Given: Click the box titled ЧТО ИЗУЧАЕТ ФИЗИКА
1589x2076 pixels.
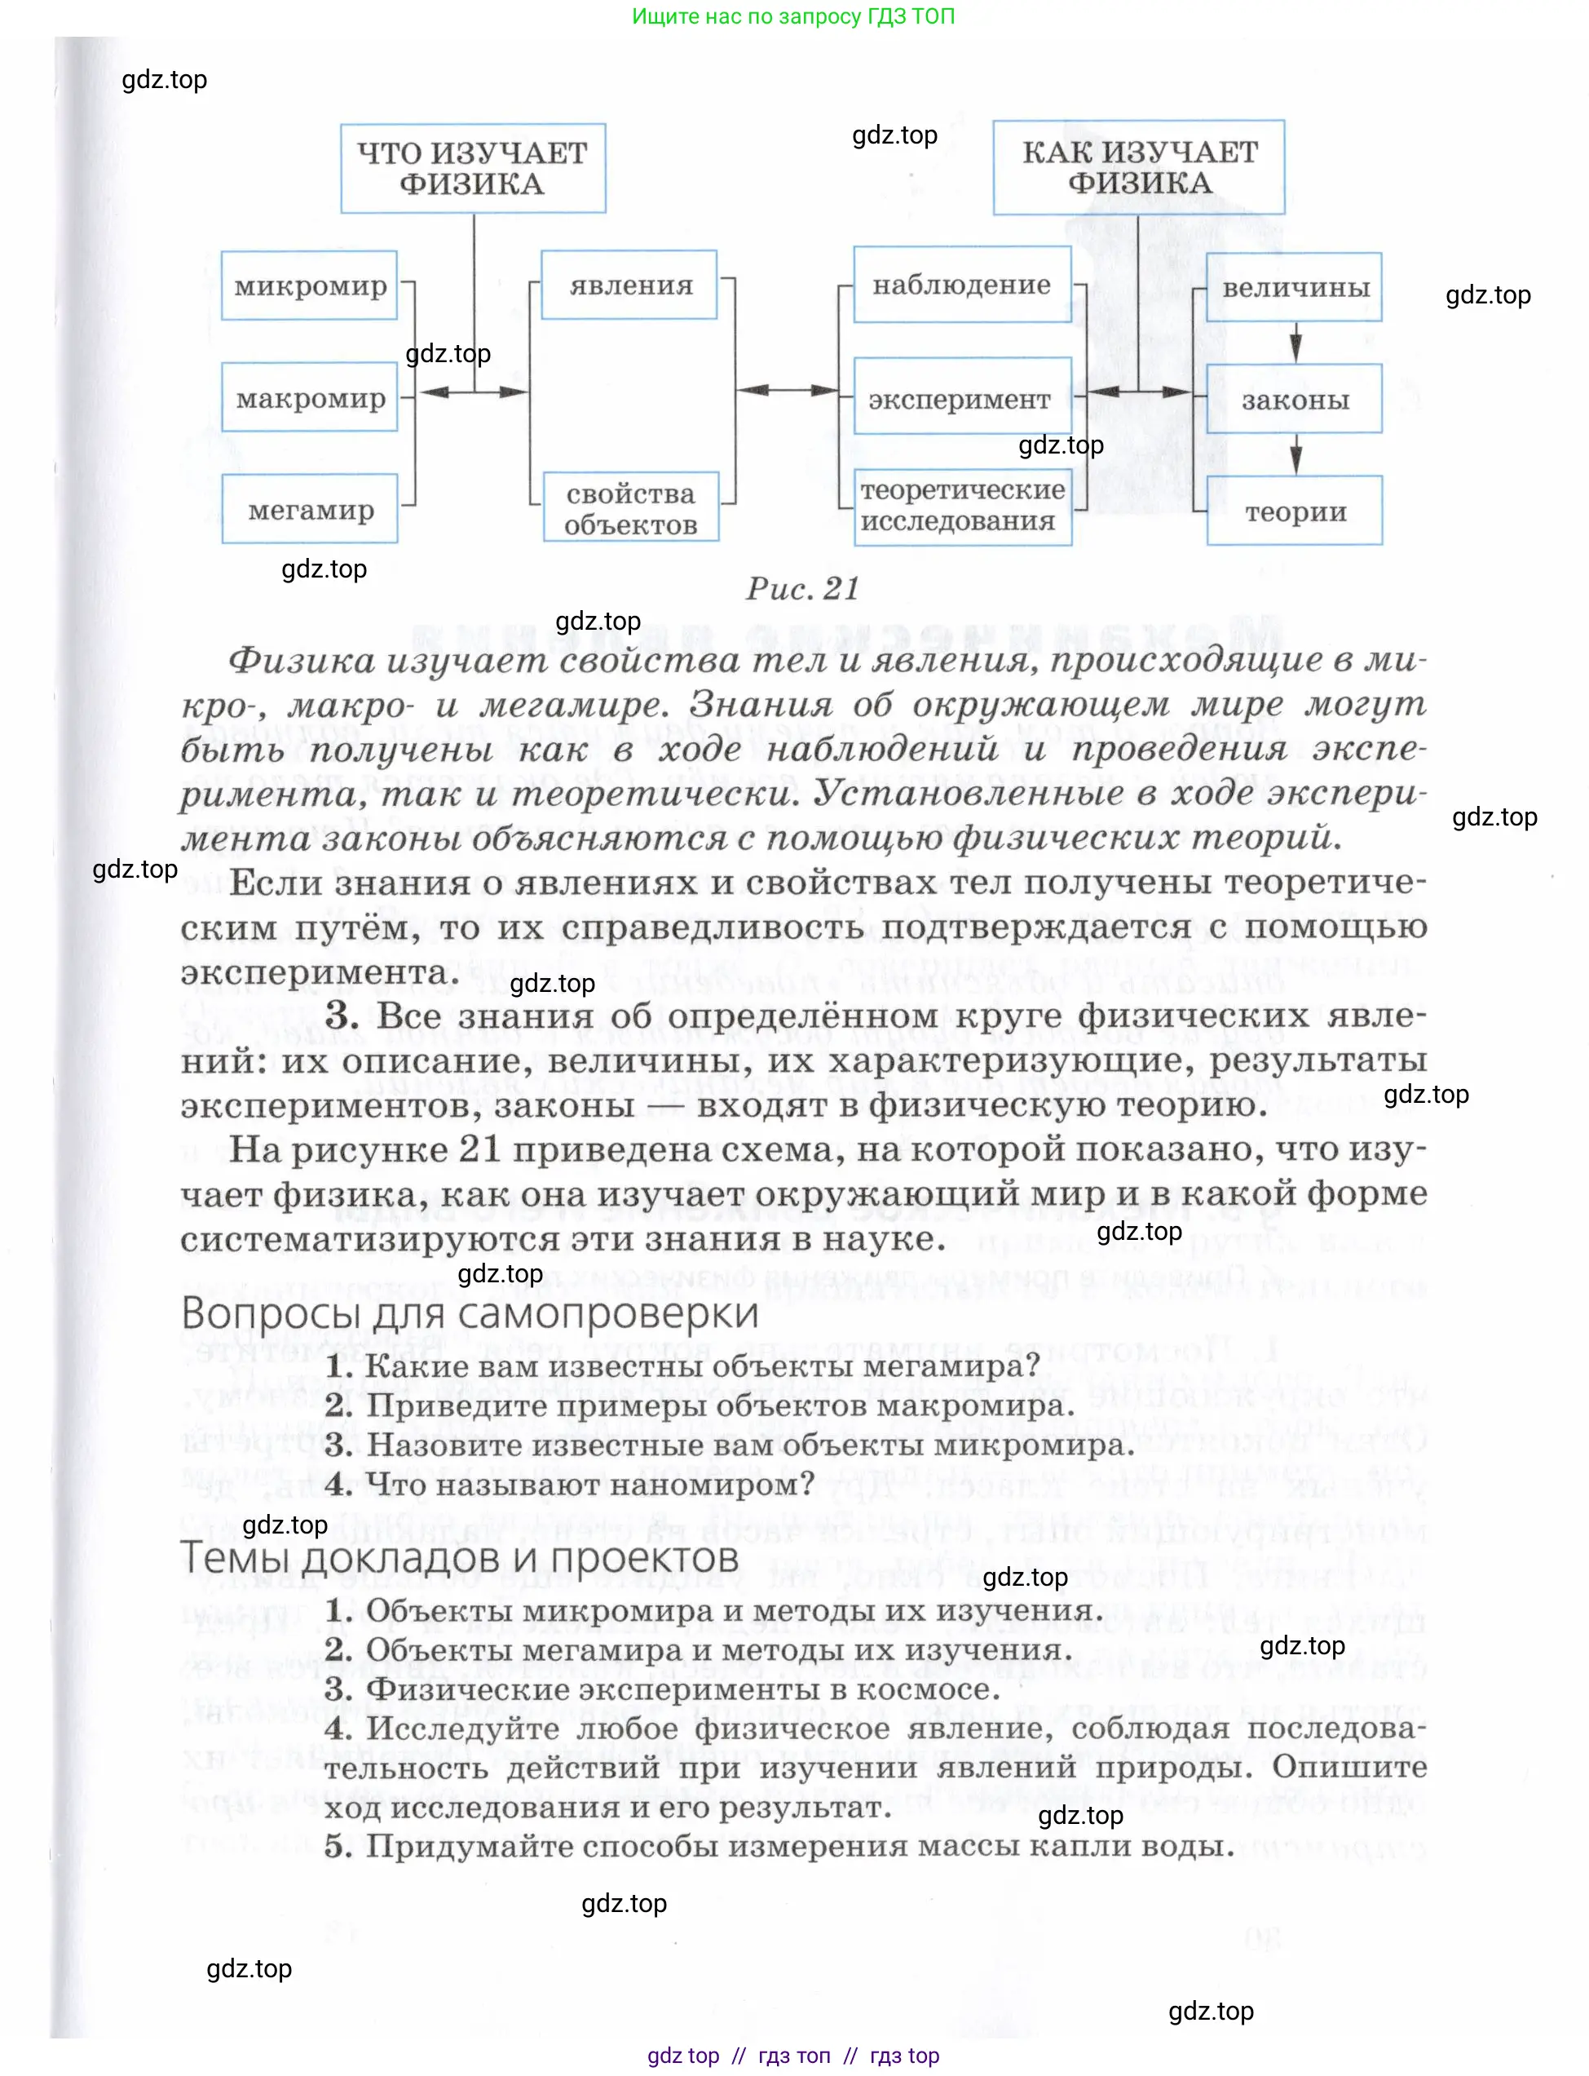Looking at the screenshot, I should point(473,168).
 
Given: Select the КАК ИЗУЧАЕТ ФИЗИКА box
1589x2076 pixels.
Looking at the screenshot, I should point(1139,167).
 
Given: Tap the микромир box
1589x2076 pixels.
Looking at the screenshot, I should point(309,286).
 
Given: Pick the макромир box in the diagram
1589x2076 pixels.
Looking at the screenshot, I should point(309,398).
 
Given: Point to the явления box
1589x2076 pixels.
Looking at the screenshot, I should point(629,285).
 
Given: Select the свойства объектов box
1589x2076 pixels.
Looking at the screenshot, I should point(631,508).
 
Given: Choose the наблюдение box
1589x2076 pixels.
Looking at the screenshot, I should point(962,285).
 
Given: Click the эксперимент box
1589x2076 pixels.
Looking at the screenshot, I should point(962,397).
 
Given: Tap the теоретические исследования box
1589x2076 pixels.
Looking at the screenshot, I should point(962,507).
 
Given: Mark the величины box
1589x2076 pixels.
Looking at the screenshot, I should point(1294,288).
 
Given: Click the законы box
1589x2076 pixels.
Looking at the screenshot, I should point(1294,400).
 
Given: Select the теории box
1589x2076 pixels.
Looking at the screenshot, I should point(1294,511).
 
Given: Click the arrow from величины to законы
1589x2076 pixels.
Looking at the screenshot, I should point(1295,343).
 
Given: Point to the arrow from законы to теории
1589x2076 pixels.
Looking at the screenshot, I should point(1295,454).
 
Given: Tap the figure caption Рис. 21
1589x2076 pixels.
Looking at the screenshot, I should point(802,589).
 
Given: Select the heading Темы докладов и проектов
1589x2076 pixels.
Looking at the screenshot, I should point(459,1556).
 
